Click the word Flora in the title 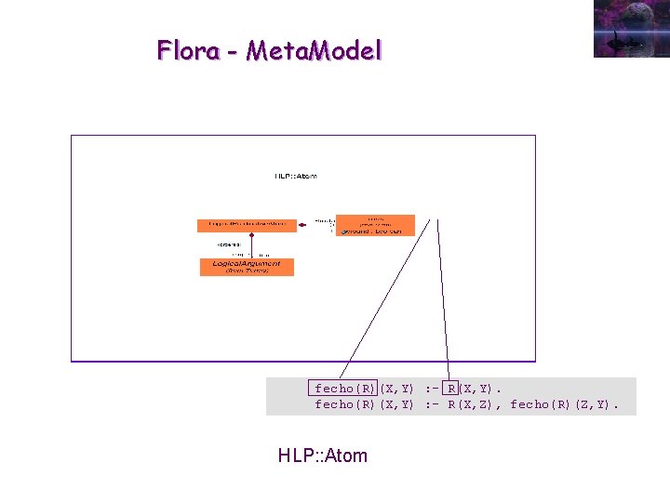pos(188,50)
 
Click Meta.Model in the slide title pos(314,50)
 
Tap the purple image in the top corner pos(631,28)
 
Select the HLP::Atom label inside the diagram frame pos(296,175)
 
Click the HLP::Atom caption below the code pos(322,456)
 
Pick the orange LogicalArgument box pos(247,267)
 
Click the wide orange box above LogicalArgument pos(247,225)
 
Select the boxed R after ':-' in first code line pos(451,389)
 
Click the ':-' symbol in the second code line pos(431,404)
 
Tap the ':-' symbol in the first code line pos(431,389)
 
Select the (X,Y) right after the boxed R pos(479,389)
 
